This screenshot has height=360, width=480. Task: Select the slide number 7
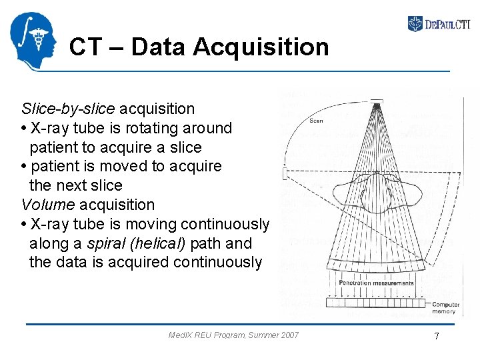(437, 336)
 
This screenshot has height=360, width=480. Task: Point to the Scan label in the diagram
(316, 121)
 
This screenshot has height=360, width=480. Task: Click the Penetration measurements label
(376, 283)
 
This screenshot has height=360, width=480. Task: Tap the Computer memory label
(444, 307)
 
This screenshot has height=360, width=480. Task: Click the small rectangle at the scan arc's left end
(285, 174)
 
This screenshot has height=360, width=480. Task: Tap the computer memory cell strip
(377, 302)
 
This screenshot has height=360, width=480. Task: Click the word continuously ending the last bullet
(217, 263)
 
